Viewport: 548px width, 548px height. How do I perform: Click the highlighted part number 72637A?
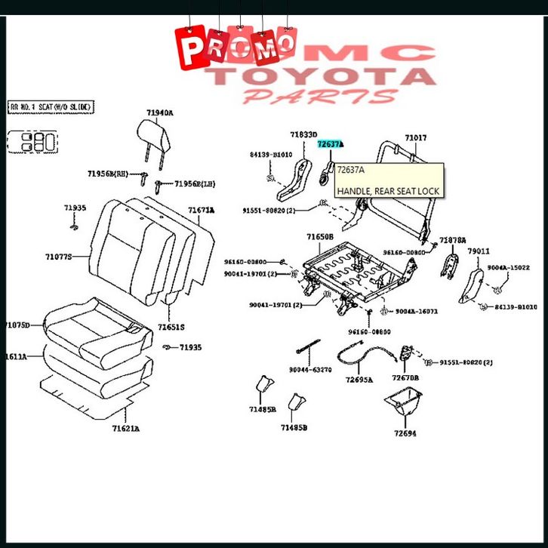[x=330, y=143]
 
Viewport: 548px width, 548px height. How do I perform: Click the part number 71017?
[x=415, y=138]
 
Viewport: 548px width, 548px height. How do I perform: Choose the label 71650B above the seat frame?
[x=319, y=237]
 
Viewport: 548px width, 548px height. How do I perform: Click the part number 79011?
[x=478, y=251]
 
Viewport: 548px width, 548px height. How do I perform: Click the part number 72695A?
[x=359, y=380]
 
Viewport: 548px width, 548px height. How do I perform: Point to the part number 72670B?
[x=405, y=377]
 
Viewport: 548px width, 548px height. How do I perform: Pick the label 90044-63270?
[x=309, y=370]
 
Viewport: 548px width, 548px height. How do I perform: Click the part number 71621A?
[x=126, y=429]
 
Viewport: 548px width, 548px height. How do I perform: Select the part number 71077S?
[x=58, y=257]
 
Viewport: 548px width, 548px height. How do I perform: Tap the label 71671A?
[x=201, y=210]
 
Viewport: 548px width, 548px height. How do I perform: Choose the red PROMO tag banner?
[x=236, y=46]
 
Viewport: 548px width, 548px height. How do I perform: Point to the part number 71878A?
[x=453, y=239]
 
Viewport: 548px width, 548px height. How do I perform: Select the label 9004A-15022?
[x=508, y=267]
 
